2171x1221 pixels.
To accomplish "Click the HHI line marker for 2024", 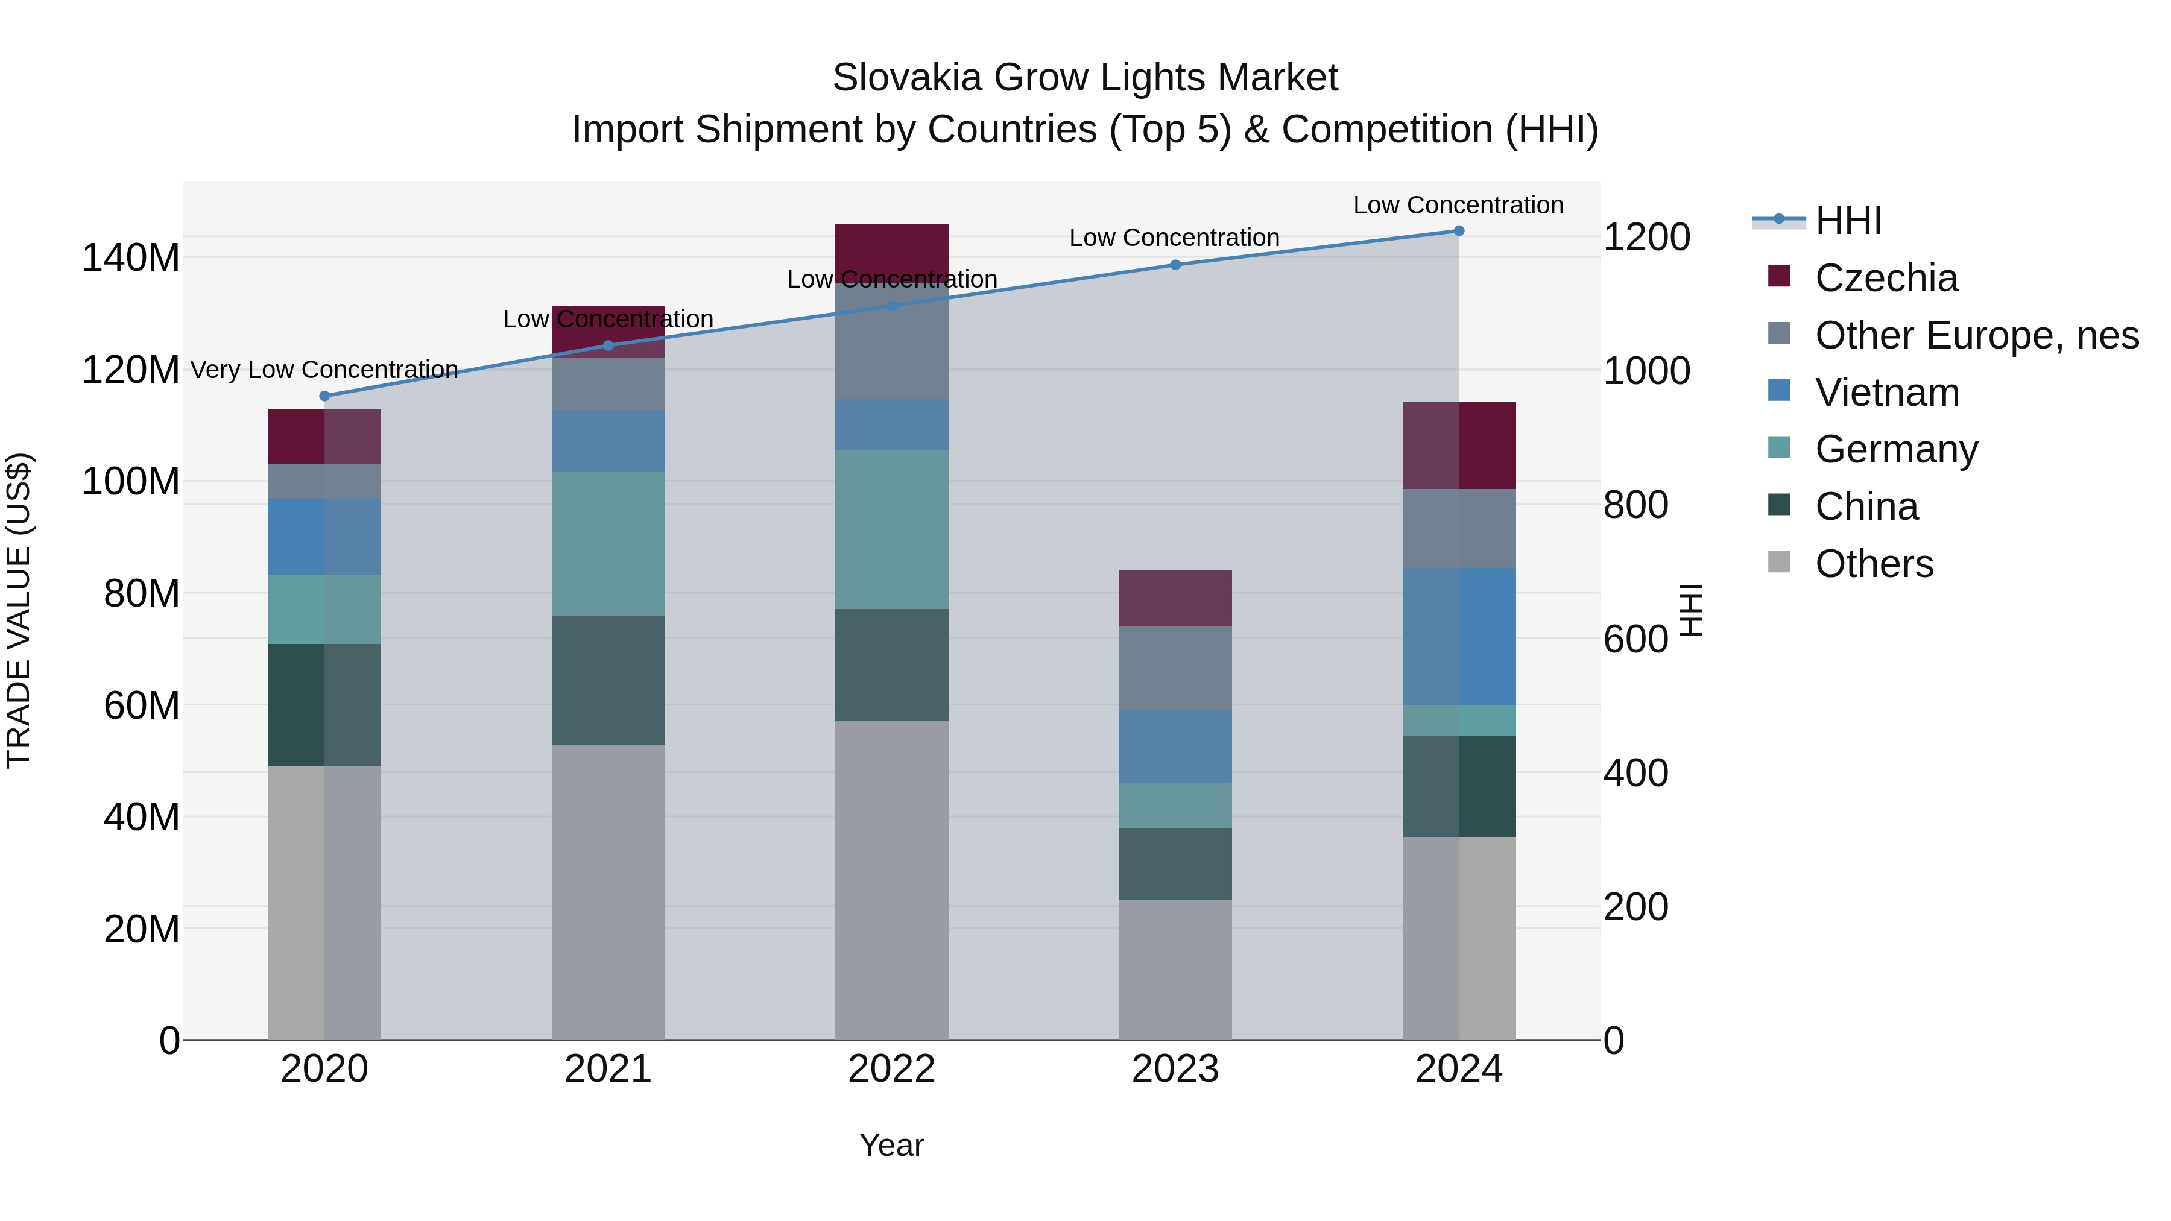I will pos(1459,231).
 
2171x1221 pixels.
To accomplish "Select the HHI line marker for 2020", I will pos(324,396).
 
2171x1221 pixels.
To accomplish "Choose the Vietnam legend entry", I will pos(1886,393).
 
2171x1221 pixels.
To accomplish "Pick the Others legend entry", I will pos(1874,564).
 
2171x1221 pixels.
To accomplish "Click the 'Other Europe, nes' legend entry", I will pos(1976,335).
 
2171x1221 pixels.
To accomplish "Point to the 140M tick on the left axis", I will pos(131,257).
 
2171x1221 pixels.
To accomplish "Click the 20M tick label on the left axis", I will pos(141,929).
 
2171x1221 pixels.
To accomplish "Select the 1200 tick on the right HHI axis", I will pos(1646,237).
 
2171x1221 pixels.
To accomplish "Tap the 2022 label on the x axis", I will pos(892,1069).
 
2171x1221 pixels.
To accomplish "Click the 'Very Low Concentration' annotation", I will pos(324,370).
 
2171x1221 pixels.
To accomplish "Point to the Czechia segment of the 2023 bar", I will pos(1175,598).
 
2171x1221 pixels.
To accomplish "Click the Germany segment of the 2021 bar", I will pos(608,543).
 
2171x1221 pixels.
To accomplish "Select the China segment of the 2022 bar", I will pos(892,665).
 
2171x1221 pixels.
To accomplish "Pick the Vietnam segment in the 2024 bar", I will pos(1459,636).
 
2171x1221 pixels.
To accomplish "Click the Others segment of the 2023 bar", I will pos(1175,969).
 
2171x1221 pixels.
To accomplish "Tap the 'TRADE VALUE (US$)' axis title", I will pos(19,610).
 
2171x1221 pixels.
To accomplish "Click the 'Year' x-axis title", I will pos(892,1145).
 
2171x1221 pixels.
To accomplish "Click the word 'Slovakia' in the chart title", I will pos(907,78).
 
